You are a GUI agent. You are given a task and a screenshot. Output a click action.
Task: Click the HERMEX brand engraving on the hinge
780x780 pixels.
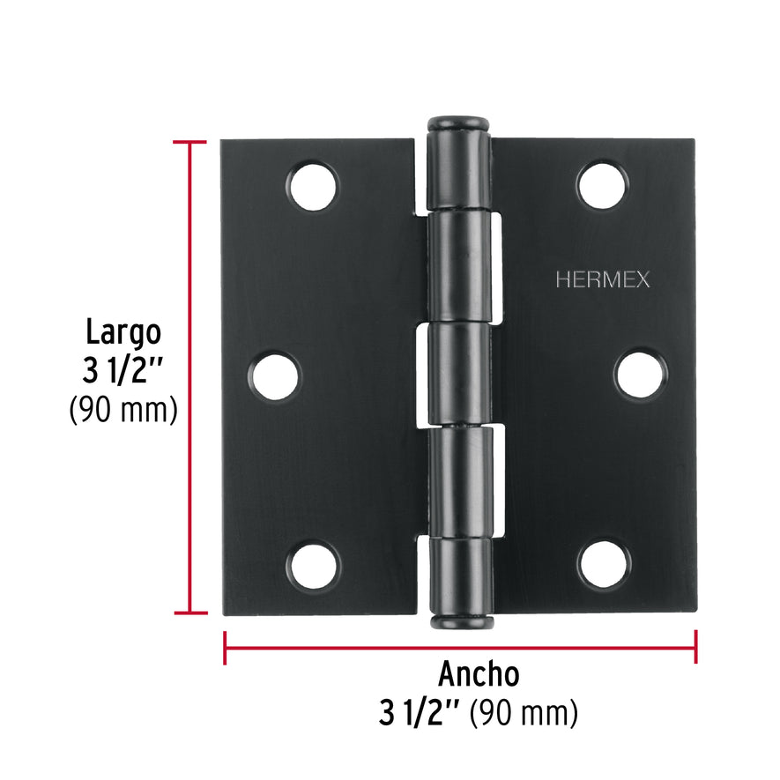[603, 280]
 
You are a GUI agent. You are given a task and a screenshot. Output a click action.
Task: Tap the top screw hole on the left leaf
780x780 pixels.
[314, 185]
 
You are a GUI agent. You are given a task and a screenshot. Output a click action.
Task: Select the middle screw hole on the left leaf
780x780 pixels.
[273, 375]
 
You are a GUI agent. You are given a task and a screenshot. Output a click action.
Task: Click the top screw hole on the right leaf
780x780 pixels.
[603, 185]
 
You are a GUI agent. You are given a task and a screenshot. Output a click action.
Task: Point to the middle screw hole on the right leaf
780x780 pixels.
[641, 375]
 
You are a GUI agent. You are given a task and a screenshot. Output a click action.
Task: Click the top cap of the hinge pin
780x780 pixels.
[458, 123]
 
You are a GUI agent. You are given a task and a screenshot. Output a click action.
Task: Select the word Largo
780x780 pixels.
[123, 333]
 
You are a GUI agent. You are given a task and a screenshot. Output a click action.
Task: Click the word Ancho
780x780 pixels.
[479, 674]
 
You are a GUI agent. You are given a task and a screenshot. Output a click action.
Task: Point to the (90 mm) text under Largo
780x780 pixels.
[123, 410]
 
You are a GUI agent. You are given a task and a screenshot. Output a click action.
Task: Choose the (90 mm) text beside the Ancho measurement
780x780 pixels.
[524, 712]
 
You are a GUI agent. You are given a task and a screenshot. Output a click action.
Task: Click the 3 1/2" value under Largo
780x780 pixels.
[123, 371]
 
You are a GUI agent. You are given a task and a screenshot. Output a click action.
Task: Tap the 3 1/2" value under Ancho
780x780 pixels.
[420, 712]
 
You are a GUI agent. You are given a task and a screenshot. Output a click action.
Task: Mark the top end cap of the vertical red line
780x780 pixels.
[190, 142]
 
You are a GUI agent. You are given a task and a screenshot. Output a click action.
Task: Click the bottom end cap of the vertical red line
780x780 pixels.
[190, 613]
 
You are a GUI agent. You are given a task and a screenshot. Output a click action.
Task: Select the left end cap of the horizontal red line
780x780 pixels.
[226, 647]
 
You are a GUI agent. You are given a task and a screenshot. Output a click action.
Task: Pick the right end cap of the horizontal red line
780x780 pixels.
[696, 647]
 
